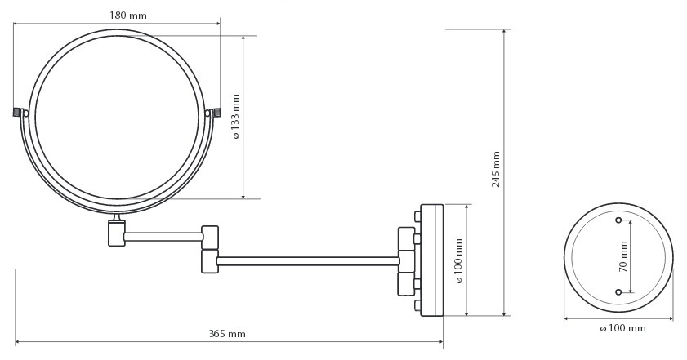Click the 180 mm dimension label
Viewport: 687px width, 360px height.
128,16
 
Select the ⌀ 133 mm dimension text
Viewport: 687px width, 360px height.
236,117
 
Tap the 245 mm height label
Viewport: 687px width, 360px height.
496,169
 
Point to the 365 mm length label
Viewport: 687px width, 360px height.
227,334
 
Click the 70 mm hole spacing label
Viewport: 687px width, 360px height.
623,256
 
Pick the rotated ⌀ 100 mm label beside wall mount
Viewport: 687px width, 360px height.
459,261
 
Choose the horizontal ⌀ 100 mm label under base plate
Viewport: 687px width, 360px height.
622,328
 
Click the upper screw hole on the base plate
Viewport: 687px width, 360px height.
618,220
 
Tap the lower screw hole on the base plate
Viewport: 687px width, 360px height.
618,292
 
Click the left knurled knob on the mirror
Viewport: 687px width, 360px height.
17,113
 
